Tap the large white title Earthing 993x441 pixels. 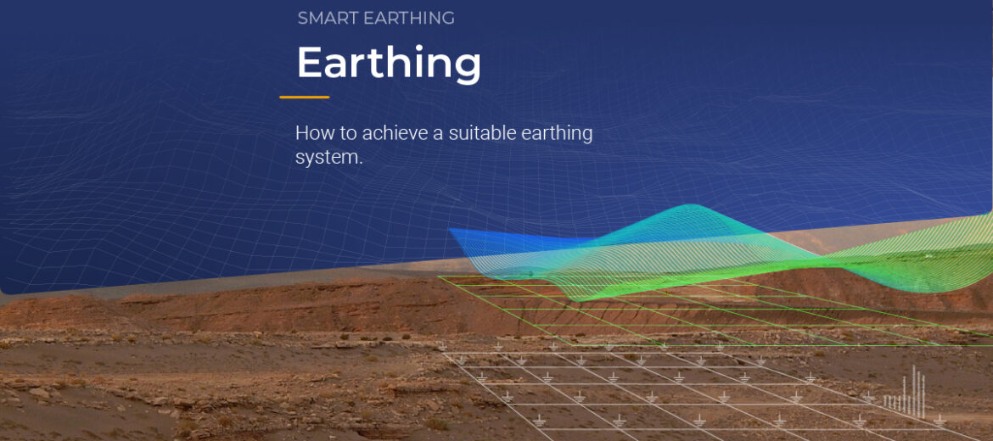(x=389, y=63)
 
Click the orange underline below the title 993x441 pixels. (x=305, y=98)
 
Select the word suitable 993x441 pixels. (x=485, y=133)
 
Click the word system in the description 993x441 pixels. (x=327, y=158)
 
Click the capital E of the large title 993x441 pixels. (x=310, y=63)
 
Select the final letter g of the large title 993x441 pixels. (x=466, y=67)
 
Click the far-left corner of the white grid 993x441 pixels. (x=443, y=353)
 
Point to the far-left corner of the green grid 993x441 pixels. (x=439, y=276)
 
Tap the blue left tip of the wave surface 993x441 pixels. (x=452, y=232)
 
